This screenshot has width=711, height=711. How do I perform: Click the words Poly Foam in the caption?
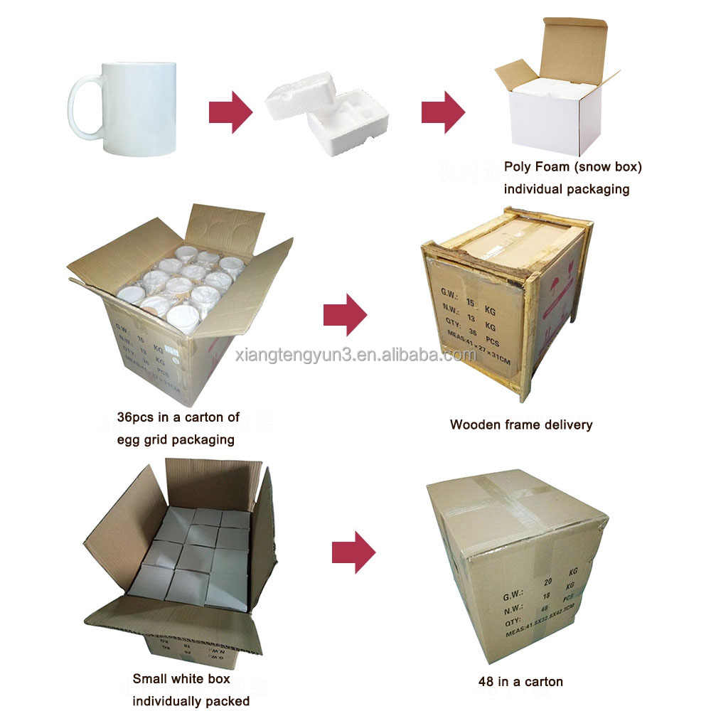point(534,168)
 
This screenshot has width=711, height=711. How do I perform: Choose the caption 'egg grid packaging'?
point(176,439)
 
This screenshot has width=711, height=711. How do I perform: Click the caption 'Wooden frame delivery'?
point(521,424)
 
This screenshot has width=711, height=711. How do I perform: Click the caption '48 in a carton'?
point(520,682)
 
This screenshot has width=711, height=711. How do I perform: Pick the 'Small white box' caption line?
point(181,679)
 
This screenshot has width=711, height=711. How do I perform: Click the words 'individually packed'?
point(191,701)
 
